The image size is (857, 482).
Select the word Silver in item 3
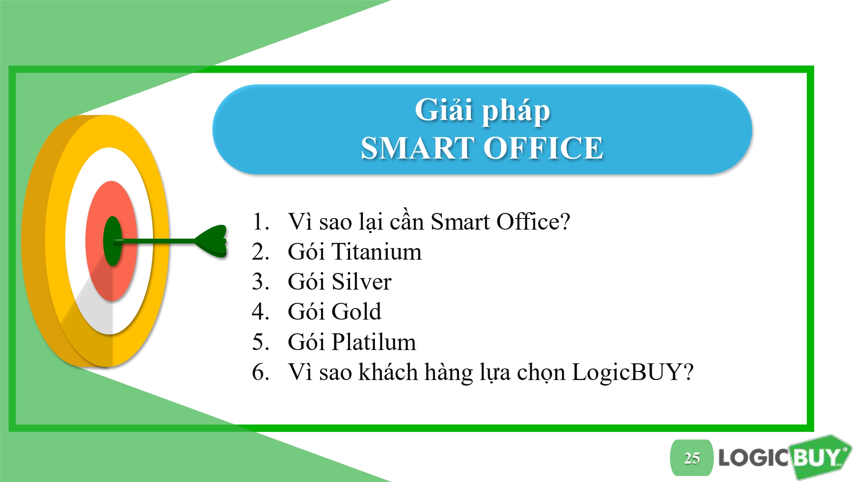pos(362,282)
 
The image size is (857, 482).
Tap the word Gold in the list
pos(357,311)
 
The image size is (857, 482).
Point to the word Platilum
pos(374,342)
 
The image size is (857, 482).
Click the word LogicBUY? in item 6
pos(632,372)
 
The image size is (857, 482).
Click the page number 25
pos(692,458)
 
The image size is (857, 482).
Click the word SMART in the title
pos(418,148)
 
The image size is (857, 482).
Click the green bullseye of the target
pos(113,241)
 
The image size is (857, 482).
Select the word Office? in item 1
pos(533,222)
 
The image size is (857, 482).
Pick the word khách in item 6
pos(388,371)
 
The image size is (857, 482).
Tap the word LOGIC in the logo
pos(753,458)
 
